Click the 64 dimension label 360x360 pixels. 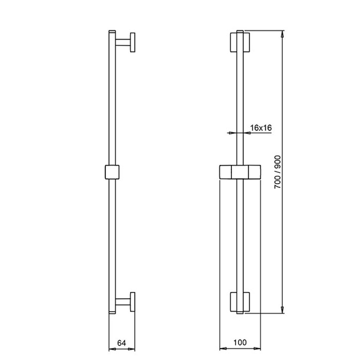point(122,343)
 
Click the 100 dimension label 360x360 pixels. point(240,343)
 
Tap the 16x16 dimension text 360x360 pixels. point(261,128)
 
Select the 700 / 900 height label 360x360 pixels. point(278,172)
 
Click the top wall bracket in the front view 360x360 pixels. point(240,42)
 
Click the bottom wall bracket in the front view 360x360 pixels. point(240,302)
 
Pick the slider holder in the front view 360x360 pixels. point(240,172)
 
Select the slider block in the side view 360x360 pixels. point(112,172)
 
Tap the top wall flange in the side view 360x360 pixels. point(133,42)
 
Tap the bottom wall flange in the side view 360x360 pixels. point(133,302)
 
